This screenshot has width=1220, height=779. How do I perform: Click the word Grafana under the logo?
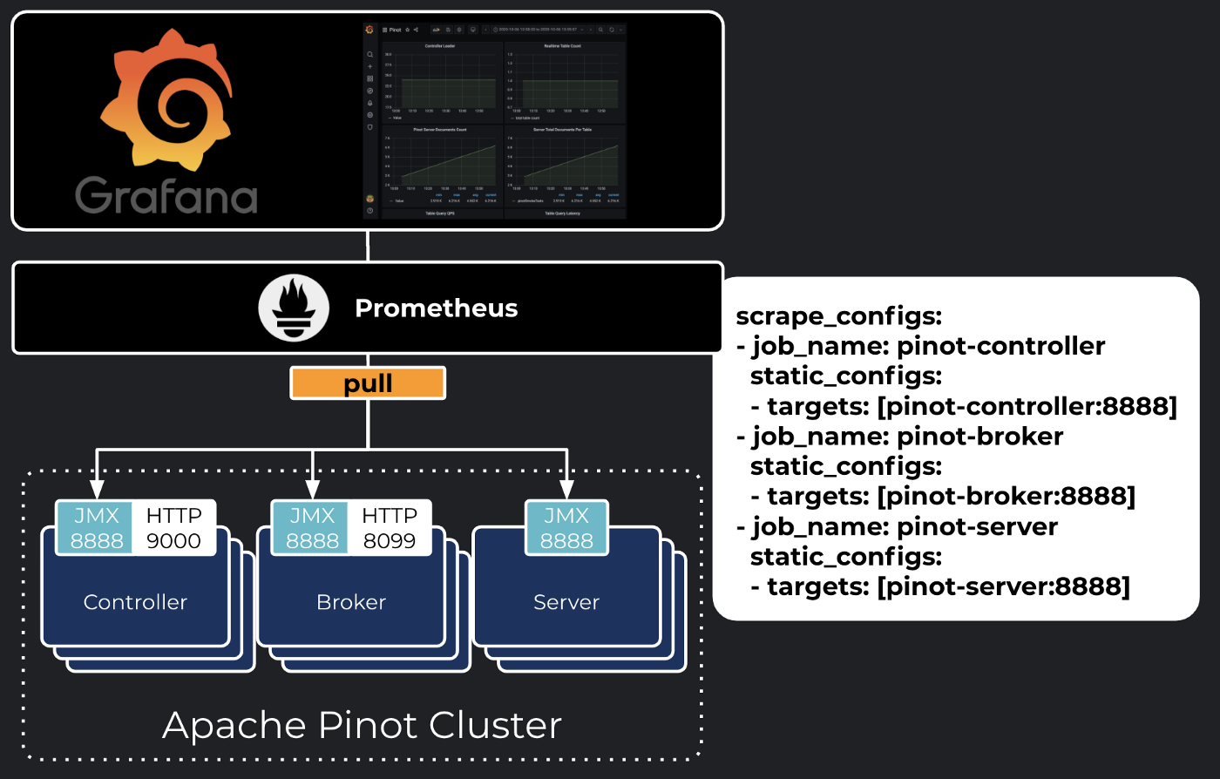[166, 195]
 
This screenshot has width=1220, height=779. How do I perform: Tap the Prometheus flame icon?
[294, 308]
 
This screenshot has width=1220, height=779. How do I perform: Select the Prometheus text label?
[436, 308]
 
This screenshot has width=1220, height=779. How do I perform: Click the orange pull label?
[368, 383]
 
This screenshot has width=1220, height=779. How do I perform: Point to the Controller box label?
[135, 602]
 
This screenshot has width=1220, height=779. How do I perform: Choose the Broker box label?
[351, 602]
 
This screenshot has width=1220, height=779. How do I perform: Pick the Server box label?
[566, 602]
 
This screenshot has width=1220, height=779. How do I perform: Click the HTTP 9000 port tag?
[173, 528]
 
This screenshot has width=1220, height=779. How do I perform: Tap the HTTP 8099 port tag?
[390, 528]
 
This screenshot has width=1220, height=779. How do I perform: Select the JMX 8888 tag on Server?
[566, 528]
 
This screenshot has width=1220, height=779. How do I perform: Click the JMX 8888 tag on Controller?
[96, 528]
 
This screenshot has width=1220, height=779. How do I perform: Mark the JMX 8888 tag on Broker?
[312, 528]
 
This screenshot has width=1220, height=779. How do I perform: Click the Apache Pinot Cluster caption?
[362, 725]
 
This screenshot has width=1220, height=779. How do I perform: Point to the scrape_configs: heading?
[838, 315]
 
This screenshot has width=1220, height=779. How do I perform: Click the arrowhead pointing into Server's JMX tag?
[566, 489]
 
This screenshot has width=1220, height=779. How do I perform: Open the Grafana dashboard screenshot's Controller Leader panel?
[440, 78]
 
